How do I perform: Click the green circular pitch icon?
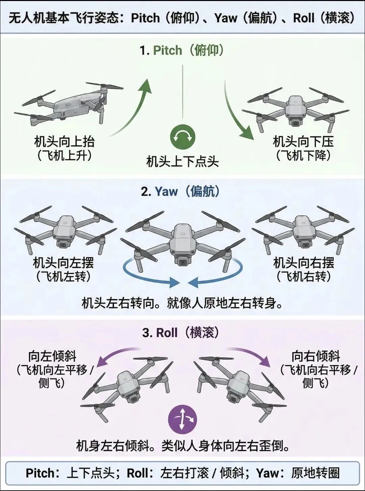coord(182,137)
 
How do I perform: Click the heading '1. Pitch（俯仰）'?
coord(182,50)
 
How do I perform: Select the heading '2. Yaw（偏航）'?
coord(180,192)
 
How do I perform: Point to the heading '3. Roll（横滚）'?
coord(180,333)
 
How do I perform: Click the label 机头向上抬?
coord(64,142)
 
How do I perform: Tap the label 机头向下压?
coord(303,142)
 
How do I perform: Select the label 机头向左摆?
coord(63,263)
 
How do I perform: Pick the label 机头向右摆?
coord(304,263)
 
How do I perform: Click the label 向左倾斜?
coord(52,356)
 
